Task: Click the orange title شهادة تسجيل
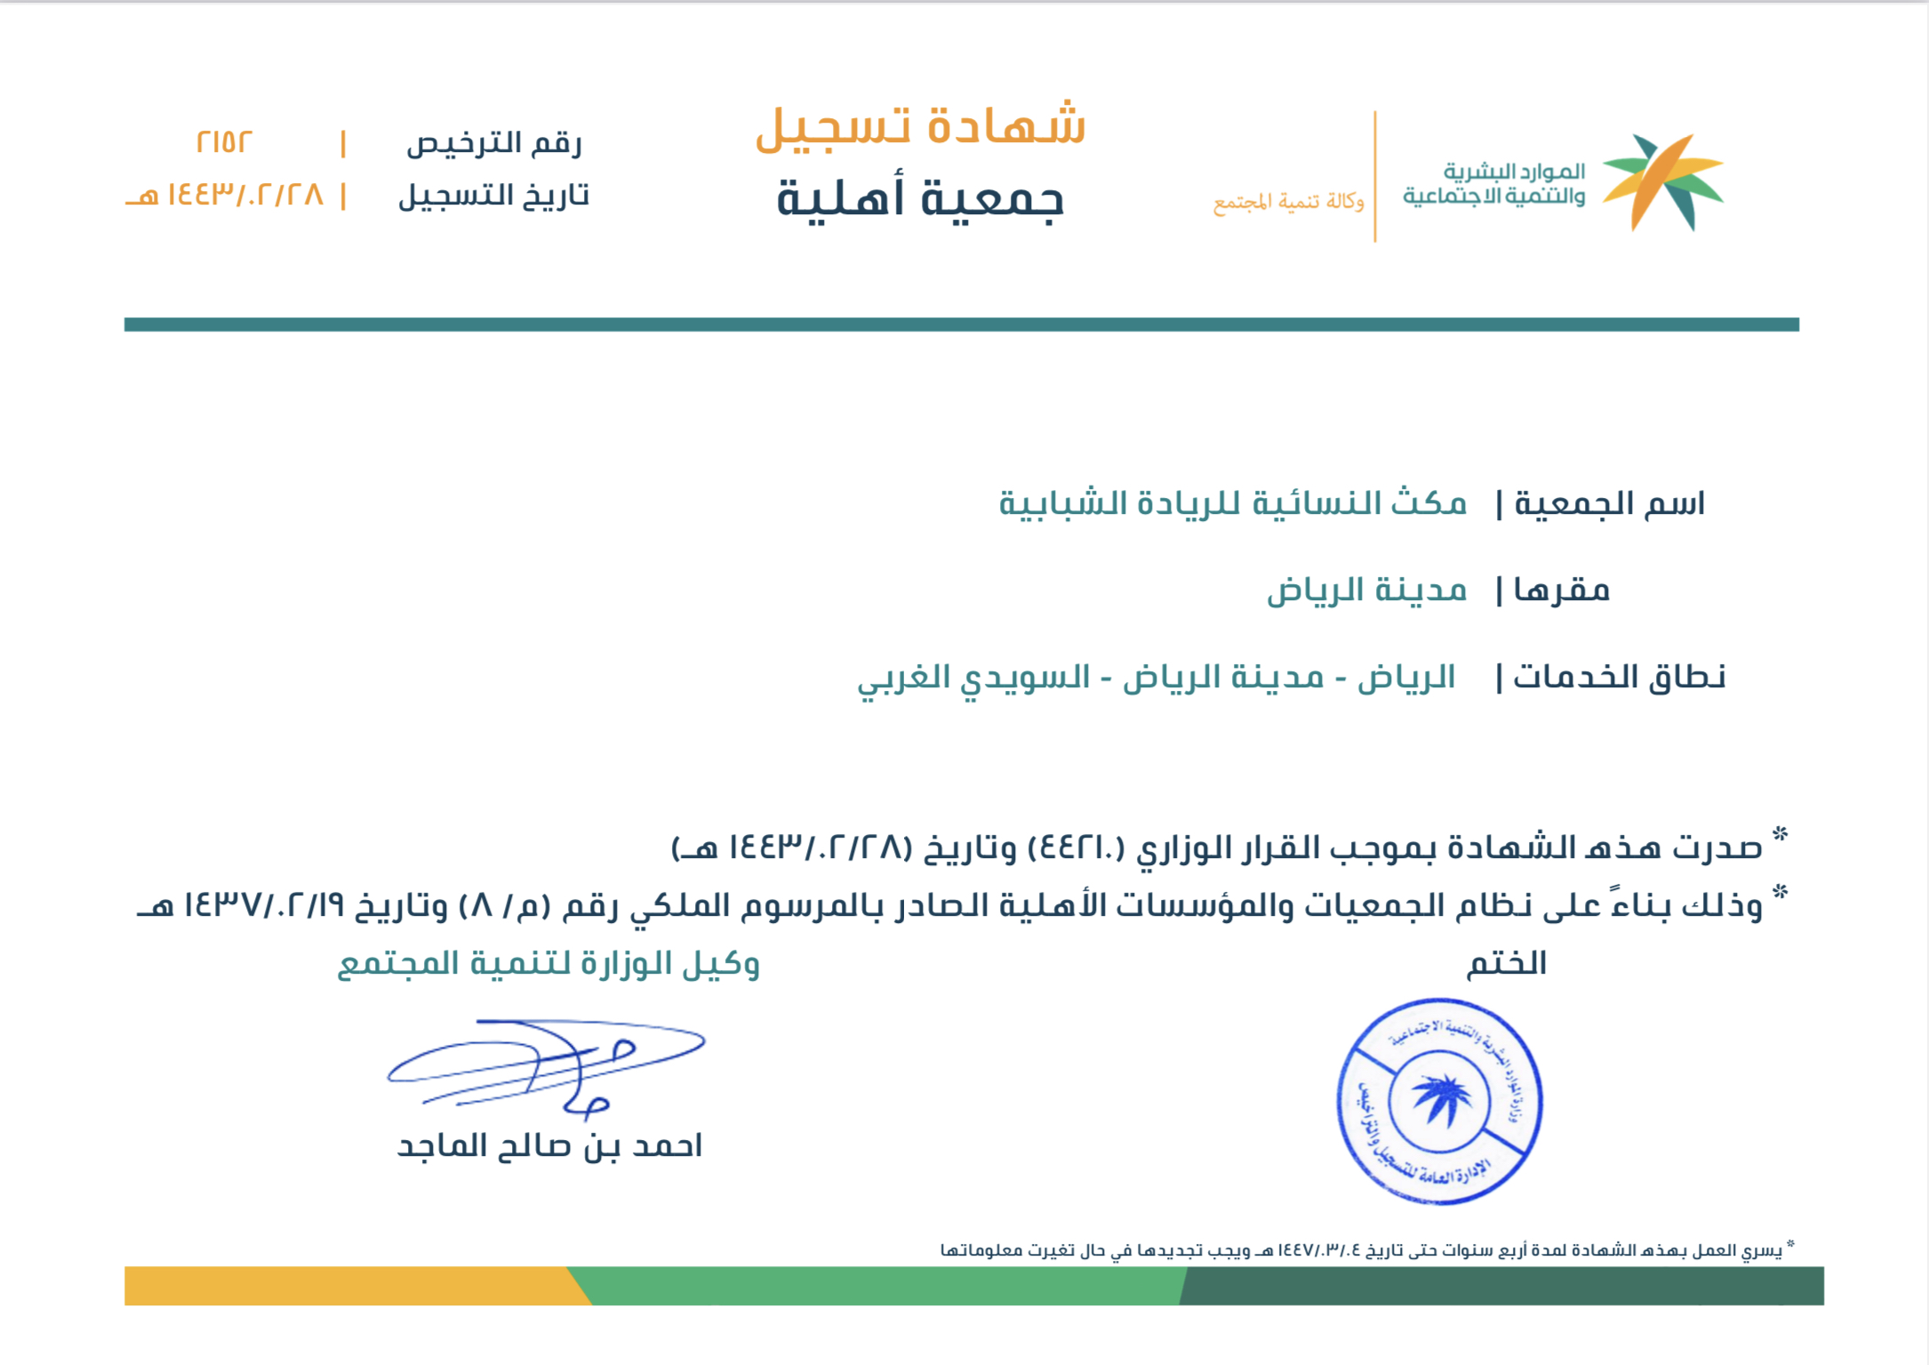(x=920, y=127)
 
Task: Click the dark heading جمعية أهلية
(x=920, y=197)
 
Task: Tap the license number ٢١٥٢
(x=224, y=142)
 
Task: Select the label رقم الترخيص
(x=494, y=143)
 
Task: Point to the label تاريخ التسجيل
(x=494, y=196)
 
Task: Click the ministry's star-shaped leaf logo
(x=1662, y=181)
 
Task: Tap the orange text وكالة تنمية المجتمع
(x=1288, y=203)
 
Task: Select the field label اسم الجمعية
(x=1609, y=503)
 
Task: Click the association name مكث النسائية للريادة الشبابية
(x=1232, y=503)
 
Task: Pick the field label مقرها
(x=1562, y=590)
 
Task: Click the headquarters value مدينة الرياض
(x=1366, y=590)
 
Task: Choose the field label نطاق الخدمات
(x=1619, y=677)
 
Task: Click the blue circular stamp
(x=1439, y=1101)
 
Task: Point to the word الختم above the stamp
(x=1506, y=963)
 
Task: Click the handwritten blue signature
(x=547, y=1065)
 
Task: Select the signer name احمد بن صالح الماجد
(x=549, y=1145)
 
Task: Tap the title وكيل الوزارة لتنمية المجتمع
(x=548, y=963)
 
